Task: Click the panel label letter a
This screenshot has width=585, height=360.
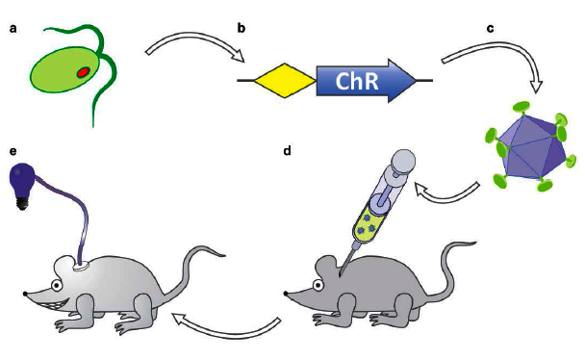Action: (13, 27)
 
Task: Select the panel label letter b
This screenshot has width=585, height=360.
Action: (242, 27)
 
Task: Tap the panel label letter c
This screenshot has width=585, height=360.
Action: (491, 27)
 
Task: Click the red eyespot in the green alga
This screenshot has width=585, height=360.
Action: (84, 71)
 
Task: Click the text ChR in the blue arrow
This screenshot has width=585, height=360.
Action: (359, 84)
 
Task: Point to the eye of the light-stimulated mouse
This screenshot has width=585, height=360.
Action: (59, 285)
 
